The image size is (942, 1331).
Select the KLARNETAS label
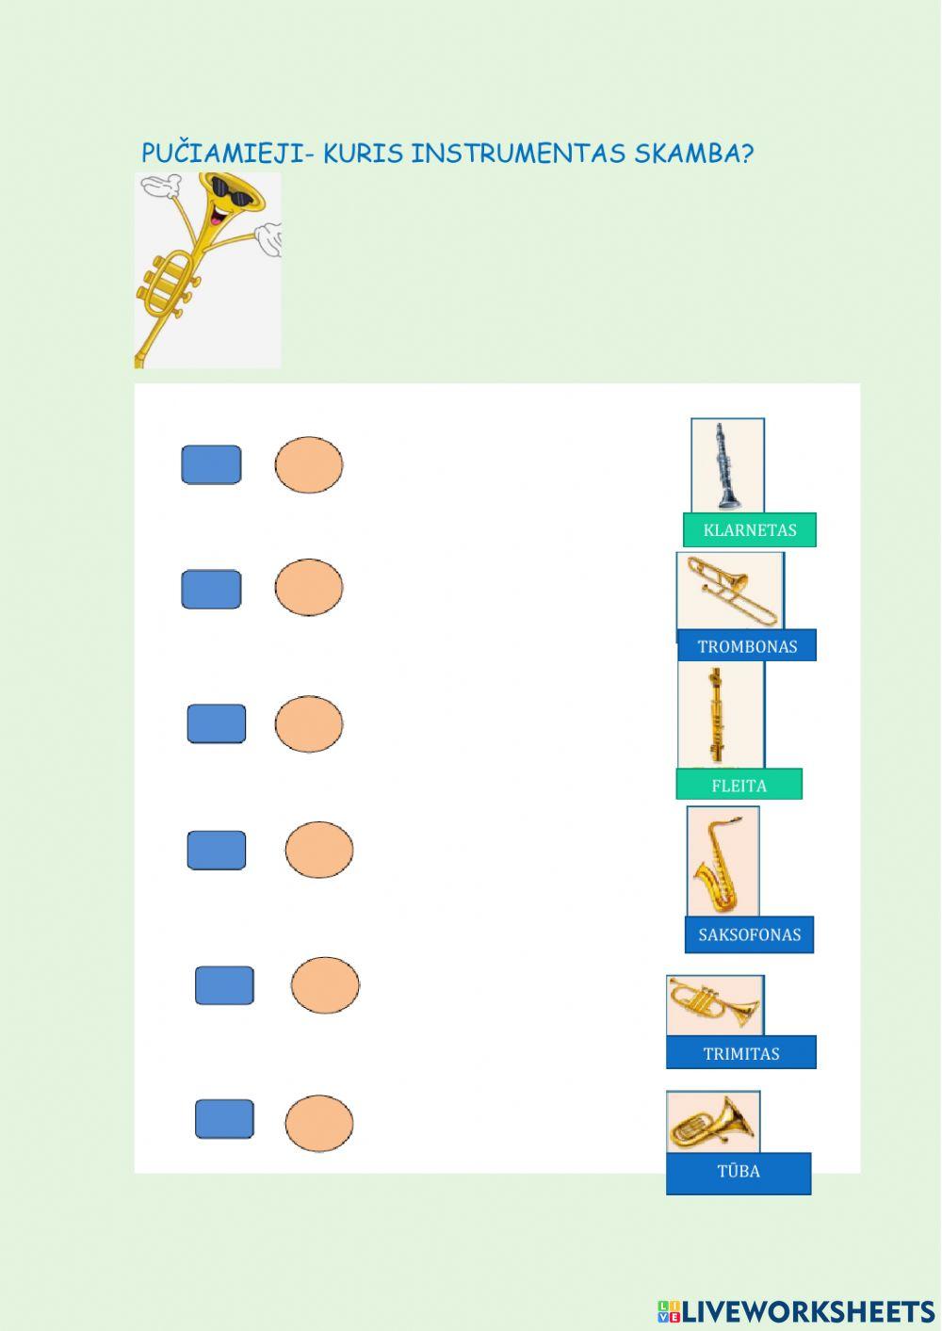pyautogui.click(x=750, y=530)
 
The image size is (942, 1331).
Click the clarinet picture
pyautogui.click(x=726, y=465)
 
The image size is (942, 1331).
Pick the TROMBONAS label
pyautogui.click(x=747, y=646)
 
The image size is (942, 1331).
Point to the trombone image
pyautogui.click(x=730, y=591)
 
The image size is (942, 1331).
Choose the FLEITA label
pyautogui.click(x=739, y=785)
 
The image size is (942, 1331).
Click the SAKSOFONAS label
pyautogui.click(x=749, y=934)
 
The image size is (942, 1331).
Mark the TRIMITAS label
pyautogui.click(x=741, y=1053)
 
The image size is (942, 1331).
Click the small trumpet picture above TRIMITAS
pyautogui.click(x=714, y=1004)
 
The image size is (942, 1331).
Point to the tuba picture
pyautogui.click(x=712, y=1121)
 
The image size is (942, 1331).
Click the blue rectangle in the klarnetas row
pyautogui.click(x=211, y=465)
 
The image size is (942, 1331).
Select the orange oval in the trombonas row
pyautogui.click(x=309, y=588)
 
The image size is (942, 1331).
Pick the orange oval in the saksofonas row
pyautogui.click(x=319, y=850)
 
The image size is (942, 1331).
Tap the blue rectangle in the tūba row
pyautogui.click(x=224, y=1119)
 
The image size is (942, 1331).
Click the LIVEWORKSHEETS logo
pyautogui.click(x=796, y=1311)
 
